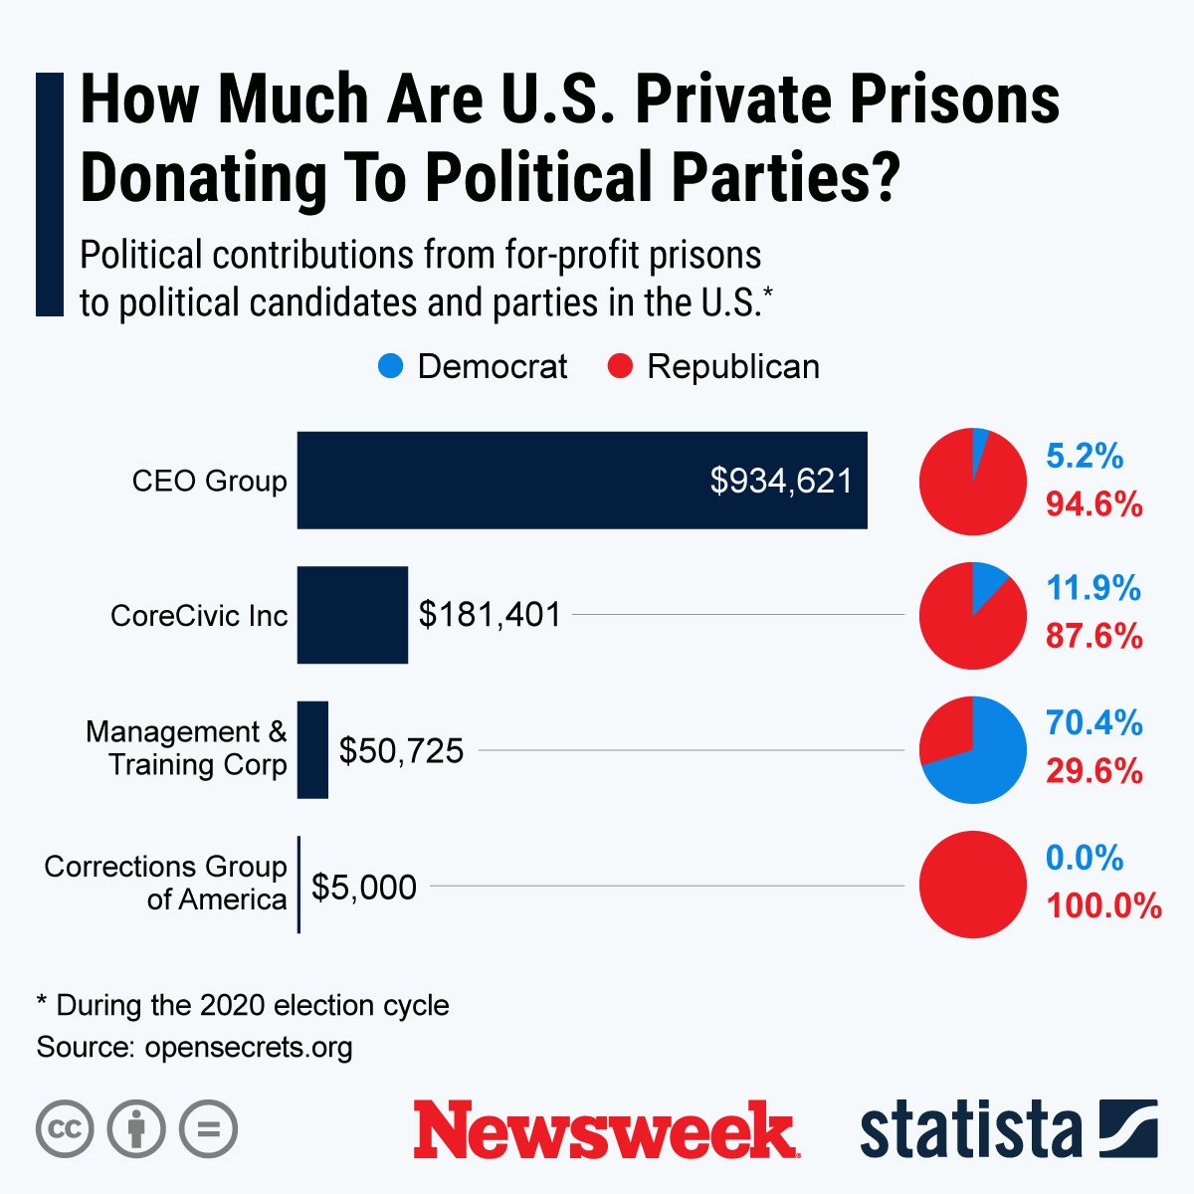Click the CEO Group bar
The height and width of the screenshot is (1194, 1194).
582,480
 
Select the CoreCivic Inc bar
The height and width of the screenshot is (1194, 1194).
352,615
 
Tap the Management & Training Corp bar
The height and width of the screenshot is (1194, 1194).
312,749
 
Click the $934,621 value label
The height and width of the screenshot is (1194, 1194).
781,481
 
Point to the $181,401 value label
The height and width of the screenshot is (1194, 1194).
490,615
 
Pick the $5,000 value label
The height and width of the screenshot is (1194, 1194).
364,887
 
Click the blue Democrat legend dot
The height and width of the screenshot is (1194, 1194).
391,366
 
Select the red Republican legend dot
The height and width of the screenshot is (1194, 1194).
620,366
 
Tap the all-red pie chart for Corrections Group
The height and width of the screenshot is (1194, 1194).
972,885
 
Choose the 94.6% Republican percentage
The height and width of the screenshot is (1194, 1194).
1094,504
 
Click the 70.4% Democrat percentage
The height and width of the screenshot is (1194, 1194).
1094,723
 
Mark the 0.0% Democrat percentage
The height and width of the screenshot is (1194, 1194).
1085,858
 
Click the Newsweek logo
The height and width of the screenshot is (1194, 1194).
605,1129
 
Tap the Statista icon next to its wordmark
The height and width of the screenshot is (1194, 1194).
1127,1129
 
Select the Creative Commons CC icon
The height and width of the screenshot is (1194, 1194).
65,1129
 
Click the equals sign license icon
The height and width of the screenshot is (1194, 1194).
209,1129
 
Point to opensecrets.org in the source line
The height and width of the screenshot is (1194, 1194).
248,1047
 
